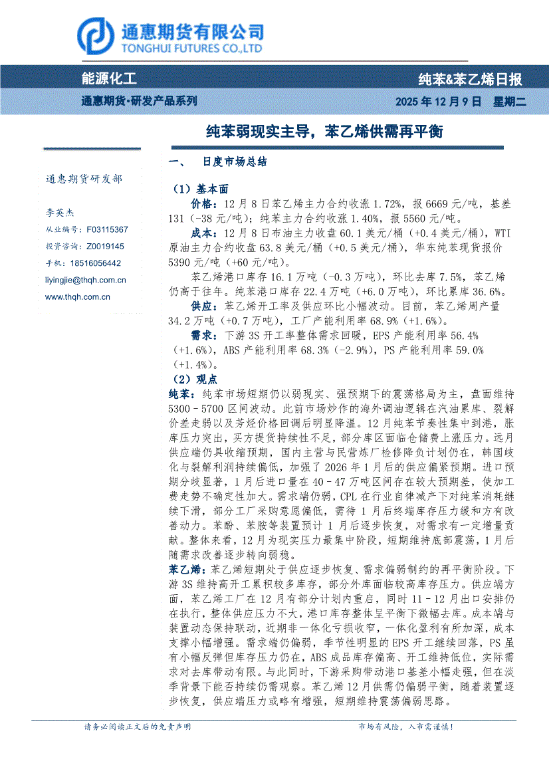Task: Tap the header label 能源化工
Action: [x=108, y=79]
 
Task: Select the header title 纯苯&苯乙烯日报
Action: [x=470, y=80]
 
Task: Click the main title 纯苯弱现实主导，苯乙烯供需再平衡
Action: [x=324, y=132]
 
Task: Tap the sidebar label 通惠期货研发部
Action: [x=84, y=179]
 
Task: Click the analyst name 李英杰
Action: [x=60, y=213]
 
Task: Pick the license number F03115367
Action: [x=107, y=229]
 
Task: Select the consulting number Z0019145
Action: [x=105, y=246]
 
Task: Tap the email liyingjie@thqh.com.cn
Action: [x=85, y=280]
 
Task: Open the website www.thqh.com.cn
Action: [x=77, y=297]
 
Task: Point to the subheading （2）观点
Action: [x=189, y=379]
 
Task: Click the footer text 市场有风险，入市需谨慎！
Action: [x=405, y=727]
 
